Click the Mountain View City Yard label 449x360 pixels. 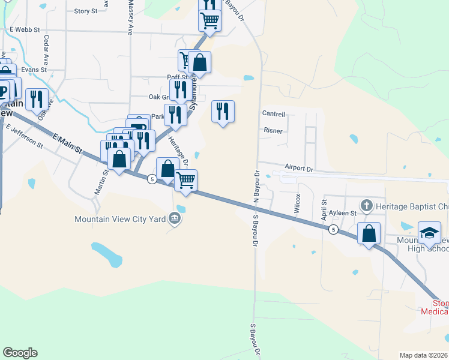click(119, 219)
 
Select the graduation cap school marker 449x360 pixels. click(430, 233)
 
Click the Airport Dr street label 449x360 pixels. click(299, 169)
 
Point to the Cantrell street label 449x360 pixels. click(274, 113)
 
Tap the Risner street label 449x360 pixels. click(273, 130)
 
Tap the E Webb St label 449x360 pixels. click(25, 29)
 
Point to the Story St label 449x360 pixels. click(86, 11)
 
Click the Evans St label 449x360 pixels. click(34, 70)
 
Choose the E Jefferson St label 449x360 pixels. click(25, 136)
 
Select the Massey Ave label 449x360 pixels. click(130, 18)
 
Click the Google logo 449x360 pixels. click(19, 353)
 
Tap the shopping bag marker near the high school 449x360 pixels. click(369, 233)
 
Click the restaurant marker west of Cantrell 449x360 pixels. click(223, 111)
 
